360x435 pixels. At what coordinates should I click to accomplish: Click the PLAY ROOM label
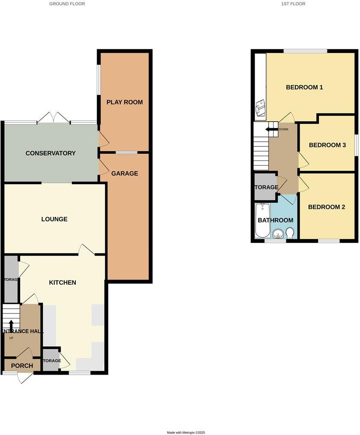pos(125,102)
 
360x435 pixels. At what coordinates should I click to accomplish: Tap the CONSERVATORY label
pos(51,153)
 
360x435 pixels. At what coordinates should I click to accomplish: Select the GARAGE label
pos(125,173)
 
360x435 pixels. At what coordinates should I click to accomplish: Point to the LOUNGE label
pos(54,219)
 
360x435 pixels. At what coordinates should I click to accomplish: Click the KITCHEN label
pos(62,283)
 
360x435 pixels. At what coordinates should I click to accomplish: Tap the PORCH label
pos(22,366)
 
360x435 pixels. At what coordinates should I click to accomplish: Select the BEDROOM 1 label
pos(304,87)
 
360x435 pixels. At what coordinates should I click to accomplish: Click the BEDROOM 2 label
pos(327,207)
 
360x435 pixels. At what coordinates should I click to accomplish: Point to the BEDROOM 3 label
pos(327,145)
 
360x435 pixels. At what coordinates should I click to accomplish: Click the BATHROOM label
pos(275,220)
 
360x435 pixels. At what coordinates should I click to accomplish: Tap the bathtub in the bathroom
pos(262,220)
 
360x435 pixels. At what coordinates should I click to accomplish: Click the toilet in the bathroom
pos(290,232)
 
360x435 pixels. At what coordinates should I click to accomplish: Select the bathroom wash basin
pos(277,234)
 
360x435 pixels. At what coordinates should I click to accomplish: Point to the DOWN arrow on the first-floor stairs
pos(271,129)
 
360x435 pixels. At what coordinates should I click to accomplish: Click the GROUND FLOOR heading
pos(67,4)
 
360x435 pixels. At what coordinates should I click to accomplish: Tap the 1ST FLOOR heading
pos(293,4)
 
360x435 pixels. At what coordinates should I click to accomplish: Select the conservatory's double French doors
pos(54,118)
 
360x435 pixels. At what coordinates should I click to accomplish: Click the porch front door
pos(25,378)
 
